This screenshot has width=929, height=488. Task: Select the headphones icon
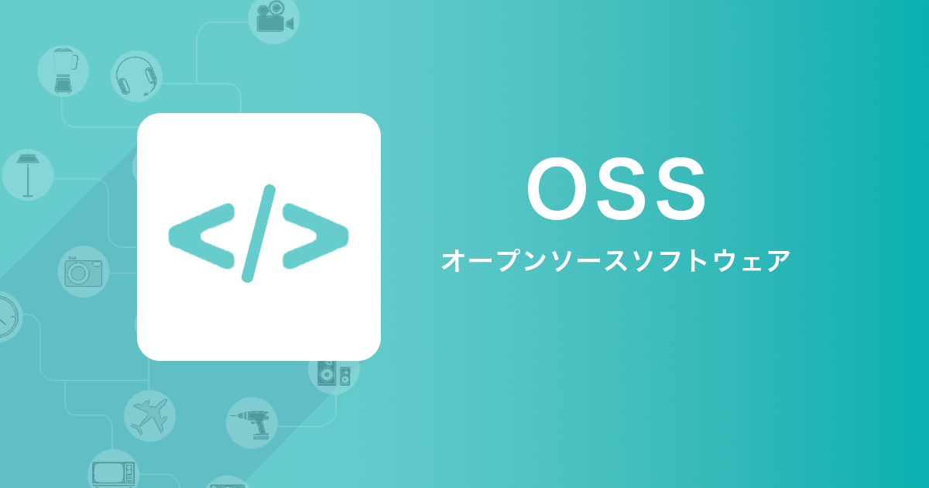click(x=136, y=77)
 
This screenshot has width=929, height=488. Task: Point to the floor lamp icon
click(x=28, y=175)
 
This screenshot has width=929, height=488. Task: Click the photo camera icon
click(x=84, y=272)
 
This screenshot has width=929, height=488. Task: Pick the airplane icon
click(x=149, y=416)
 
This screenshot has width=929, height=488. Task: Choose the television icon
click(x=113, y=474)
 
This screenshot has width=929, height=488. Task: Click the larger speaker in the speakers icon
click(x=327, y=373)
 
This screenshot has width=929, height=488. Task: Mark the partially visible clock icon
click(x=8, y=317)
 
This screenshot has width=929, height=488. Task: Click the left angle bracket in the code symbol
click(x=201, y=236)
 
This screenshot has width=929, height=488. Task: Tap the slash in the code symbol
click(x=259, y=234)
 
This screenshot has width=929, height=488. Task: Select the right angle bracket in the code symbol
click(x=316, y=236)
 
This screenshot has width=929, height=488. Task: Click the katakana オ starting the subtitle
click(x=452, y=260)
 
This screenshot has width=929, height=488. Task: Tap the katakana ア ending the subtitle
click(x=779, y=261)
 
